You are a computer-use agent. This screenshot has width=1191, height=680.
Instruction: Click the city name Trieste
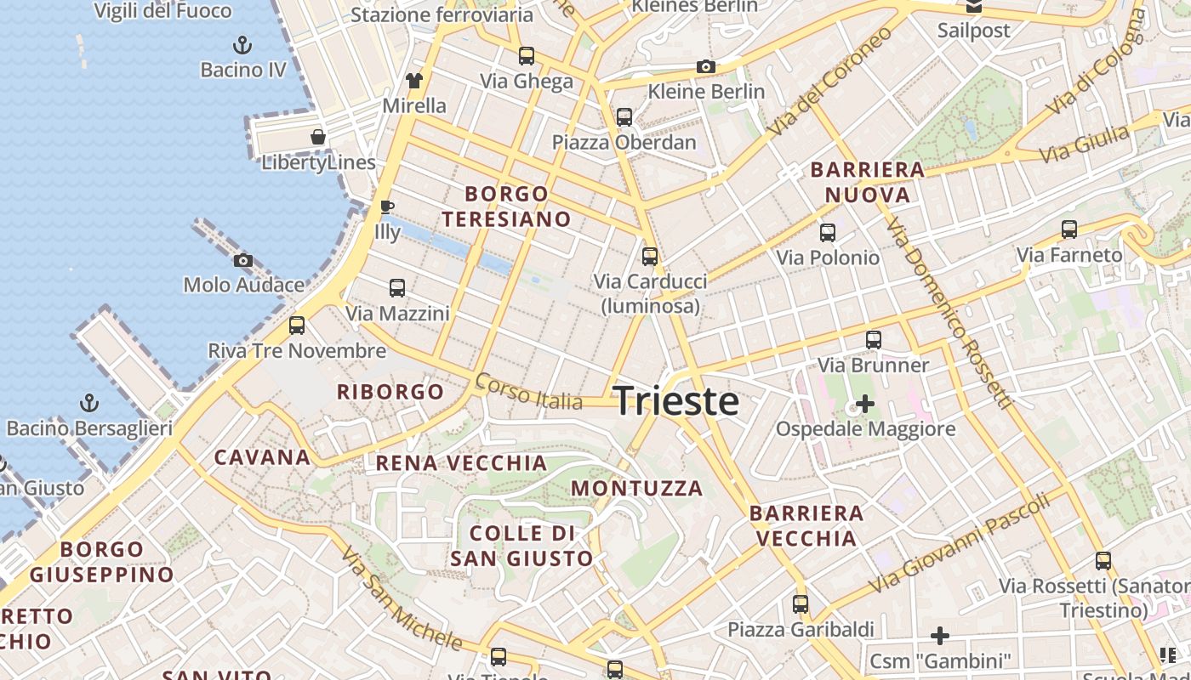point(675,400)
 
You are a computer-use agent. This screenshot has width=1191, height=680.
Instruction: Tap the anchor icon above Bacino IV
point(242,45)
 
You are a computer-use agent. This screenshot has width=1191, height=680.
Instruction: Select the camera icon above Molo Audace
point(243,261)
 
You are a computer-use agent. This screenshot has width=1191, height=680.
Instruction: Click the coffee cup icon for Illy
point(386,207)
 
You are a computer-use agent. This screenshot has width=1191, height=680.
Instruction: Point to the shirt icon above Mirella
point(414,81)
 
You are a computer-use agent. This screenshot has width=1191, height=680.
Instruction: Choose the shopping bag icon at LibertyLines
point(317,137)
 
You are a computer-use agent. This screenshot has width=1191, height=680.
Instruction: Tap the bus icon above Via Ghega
point(527,56)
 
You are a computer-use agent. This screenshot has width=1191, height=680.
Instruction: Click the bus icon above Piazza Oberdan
point(624,117)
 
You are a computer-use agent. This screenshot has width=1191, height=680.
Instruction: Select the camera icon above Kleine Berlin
point(705,66)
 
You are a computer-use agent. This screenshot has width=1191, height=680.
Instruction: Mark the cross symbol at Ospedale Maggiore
point(864,404)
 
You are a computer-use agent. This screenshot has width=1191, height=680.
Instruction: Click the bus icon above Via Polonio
point(828,233)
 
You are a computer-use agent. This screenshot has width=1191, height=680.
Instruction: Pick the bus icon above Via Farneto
point(1069,229)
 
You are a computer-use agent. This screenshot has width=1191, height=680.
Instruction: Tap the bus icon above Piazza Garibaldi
point(801,604)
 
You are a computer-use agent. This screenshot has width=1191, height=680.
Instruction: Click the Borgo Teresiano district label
point(506,207)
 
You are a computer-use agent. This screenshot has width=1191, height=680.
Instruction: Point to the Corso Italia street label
point(528,392)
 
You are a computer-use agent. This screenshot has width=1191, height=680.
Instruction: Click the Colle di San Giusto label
point(521,546)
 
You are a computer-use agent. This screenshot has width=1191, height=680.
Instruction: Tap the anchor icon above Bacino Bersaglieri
point(89,403)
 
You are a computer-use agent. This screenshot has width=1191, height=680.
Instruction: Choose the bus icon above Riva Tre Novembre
point(297,326)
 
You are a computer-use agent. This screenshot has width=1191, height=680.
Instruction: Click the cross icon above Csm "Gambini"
point(939,636)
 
